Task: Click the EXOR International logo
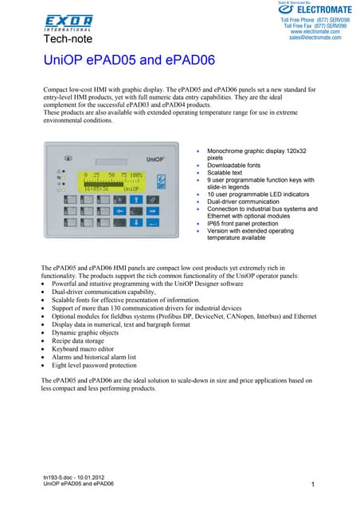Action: pos(68,22)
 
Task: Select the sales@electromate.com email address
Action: pos(318,37)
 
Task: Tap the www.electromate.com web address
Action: pos(318,31)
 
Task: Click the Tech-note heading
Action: pos(68,38)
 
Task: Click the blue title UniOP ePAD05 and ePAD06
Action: pos(119,61)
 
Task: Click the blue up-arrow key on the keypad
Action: pos(136,199)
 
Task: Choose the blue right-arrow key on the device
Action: pos(153,211)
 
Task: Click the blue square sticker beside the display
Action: pos(160,182)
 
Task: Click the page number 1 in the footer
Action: pos(314,484)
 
